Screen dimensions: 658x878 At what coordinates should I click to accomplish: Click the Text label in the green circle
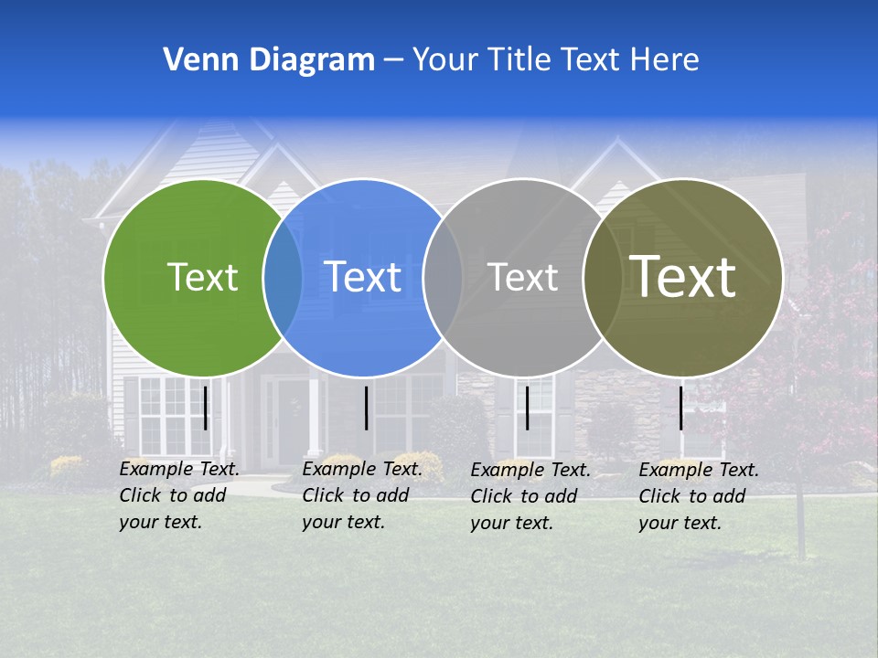[x=202, y=278]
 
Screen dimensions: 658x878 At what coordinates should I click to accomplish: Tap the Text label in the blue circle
[x=363, y=278]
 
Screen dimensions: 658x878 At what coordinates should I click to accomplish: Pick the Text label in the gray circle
[x=522, y=278]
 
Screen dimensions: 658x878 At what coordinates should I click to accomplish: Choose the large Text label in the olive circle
[x=683, y=276]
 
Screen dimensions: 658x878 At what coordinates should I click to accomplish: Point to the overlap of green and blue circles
[x=283, y=278]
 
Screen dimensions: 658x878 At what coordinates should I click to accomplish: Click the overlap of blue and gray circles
[x=443, y=278]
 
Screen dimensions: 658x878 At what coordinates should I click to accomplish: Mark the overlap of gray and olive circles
[x=603, y=278]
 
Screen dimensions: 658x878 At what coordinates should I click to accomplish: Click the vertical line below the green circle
[x=206, y=408]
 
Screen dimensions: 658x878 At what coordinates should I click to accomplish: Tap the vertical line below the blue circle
[x=366, y=408]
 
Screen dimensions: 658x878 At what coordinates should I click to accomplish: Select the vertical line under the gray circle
[x=527, y=408]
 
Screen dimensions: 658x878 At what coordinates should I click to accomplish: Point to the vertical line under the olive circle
[x=681, y=408]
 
